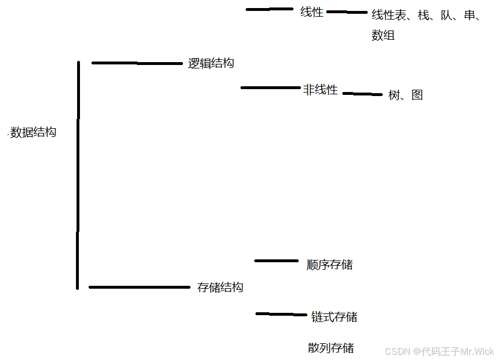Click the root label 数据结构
pos(33,132)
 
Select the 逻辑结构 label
pos(211,63)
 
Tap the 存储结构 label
pos(220,288)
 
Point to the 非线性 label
pos(321,90)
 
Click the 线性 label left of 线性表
pos(312,12)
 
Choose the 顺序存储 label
pos(330,265)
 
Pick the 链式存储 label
pos(334,317)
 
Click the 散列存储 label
pos(331,348)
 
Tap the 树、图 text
pos(406,95)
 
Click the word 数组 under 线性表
pos(383,35)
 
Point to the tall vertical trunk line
pos(78,173)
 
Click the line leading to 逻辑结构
pos(137,63)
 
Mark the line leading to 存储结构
pos(139,287)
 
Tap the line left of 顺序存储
pos(276,261)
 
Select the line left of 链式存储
pos(281,314)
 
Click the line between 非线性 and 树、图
pos(363,94)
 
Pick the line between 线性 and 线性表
pos(347,12)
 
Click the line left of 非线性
pos(270,87)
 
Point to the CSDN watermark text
pos(439,351)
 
